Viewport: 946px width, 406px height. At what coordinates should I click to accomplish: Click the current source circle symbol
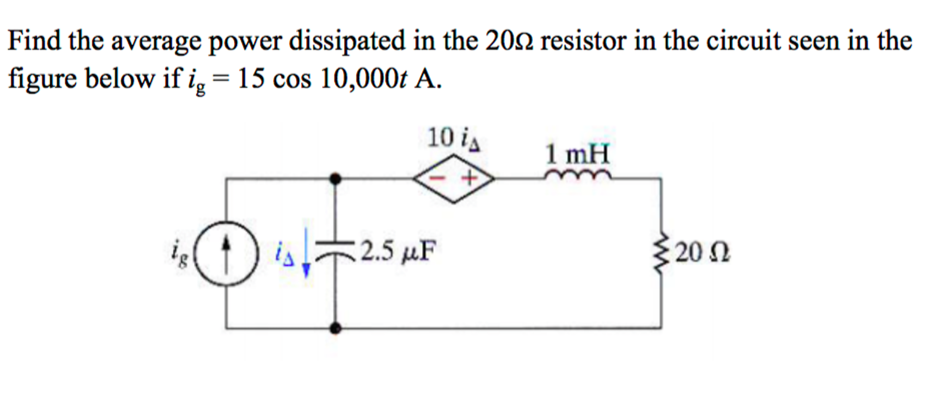pos(226,254)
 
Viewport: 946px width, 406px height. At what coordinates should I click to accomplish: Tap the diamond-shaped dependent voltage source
pos(454,178)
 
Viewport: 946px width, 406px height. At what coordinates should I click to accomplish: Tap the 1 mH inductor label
pos(577,154)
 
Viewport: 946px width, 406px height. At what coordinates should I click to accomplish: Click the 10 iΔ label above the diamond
pos(454,138)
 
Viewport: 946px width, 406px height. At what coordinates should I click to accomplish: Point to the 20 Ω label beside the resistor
pos(702,253)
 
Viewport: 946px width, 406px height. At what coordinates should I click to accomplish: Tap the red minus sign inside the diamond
pos(435,178)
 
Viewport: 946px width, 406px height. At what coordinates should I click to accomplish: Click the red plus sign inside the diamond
pos(470,178)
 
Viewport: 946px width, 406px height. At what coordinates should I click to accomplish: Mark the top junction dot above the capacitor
pos(336,178)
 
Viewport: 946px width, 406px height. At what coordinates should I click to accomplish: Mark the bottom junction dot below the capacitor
pos(336,328)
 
